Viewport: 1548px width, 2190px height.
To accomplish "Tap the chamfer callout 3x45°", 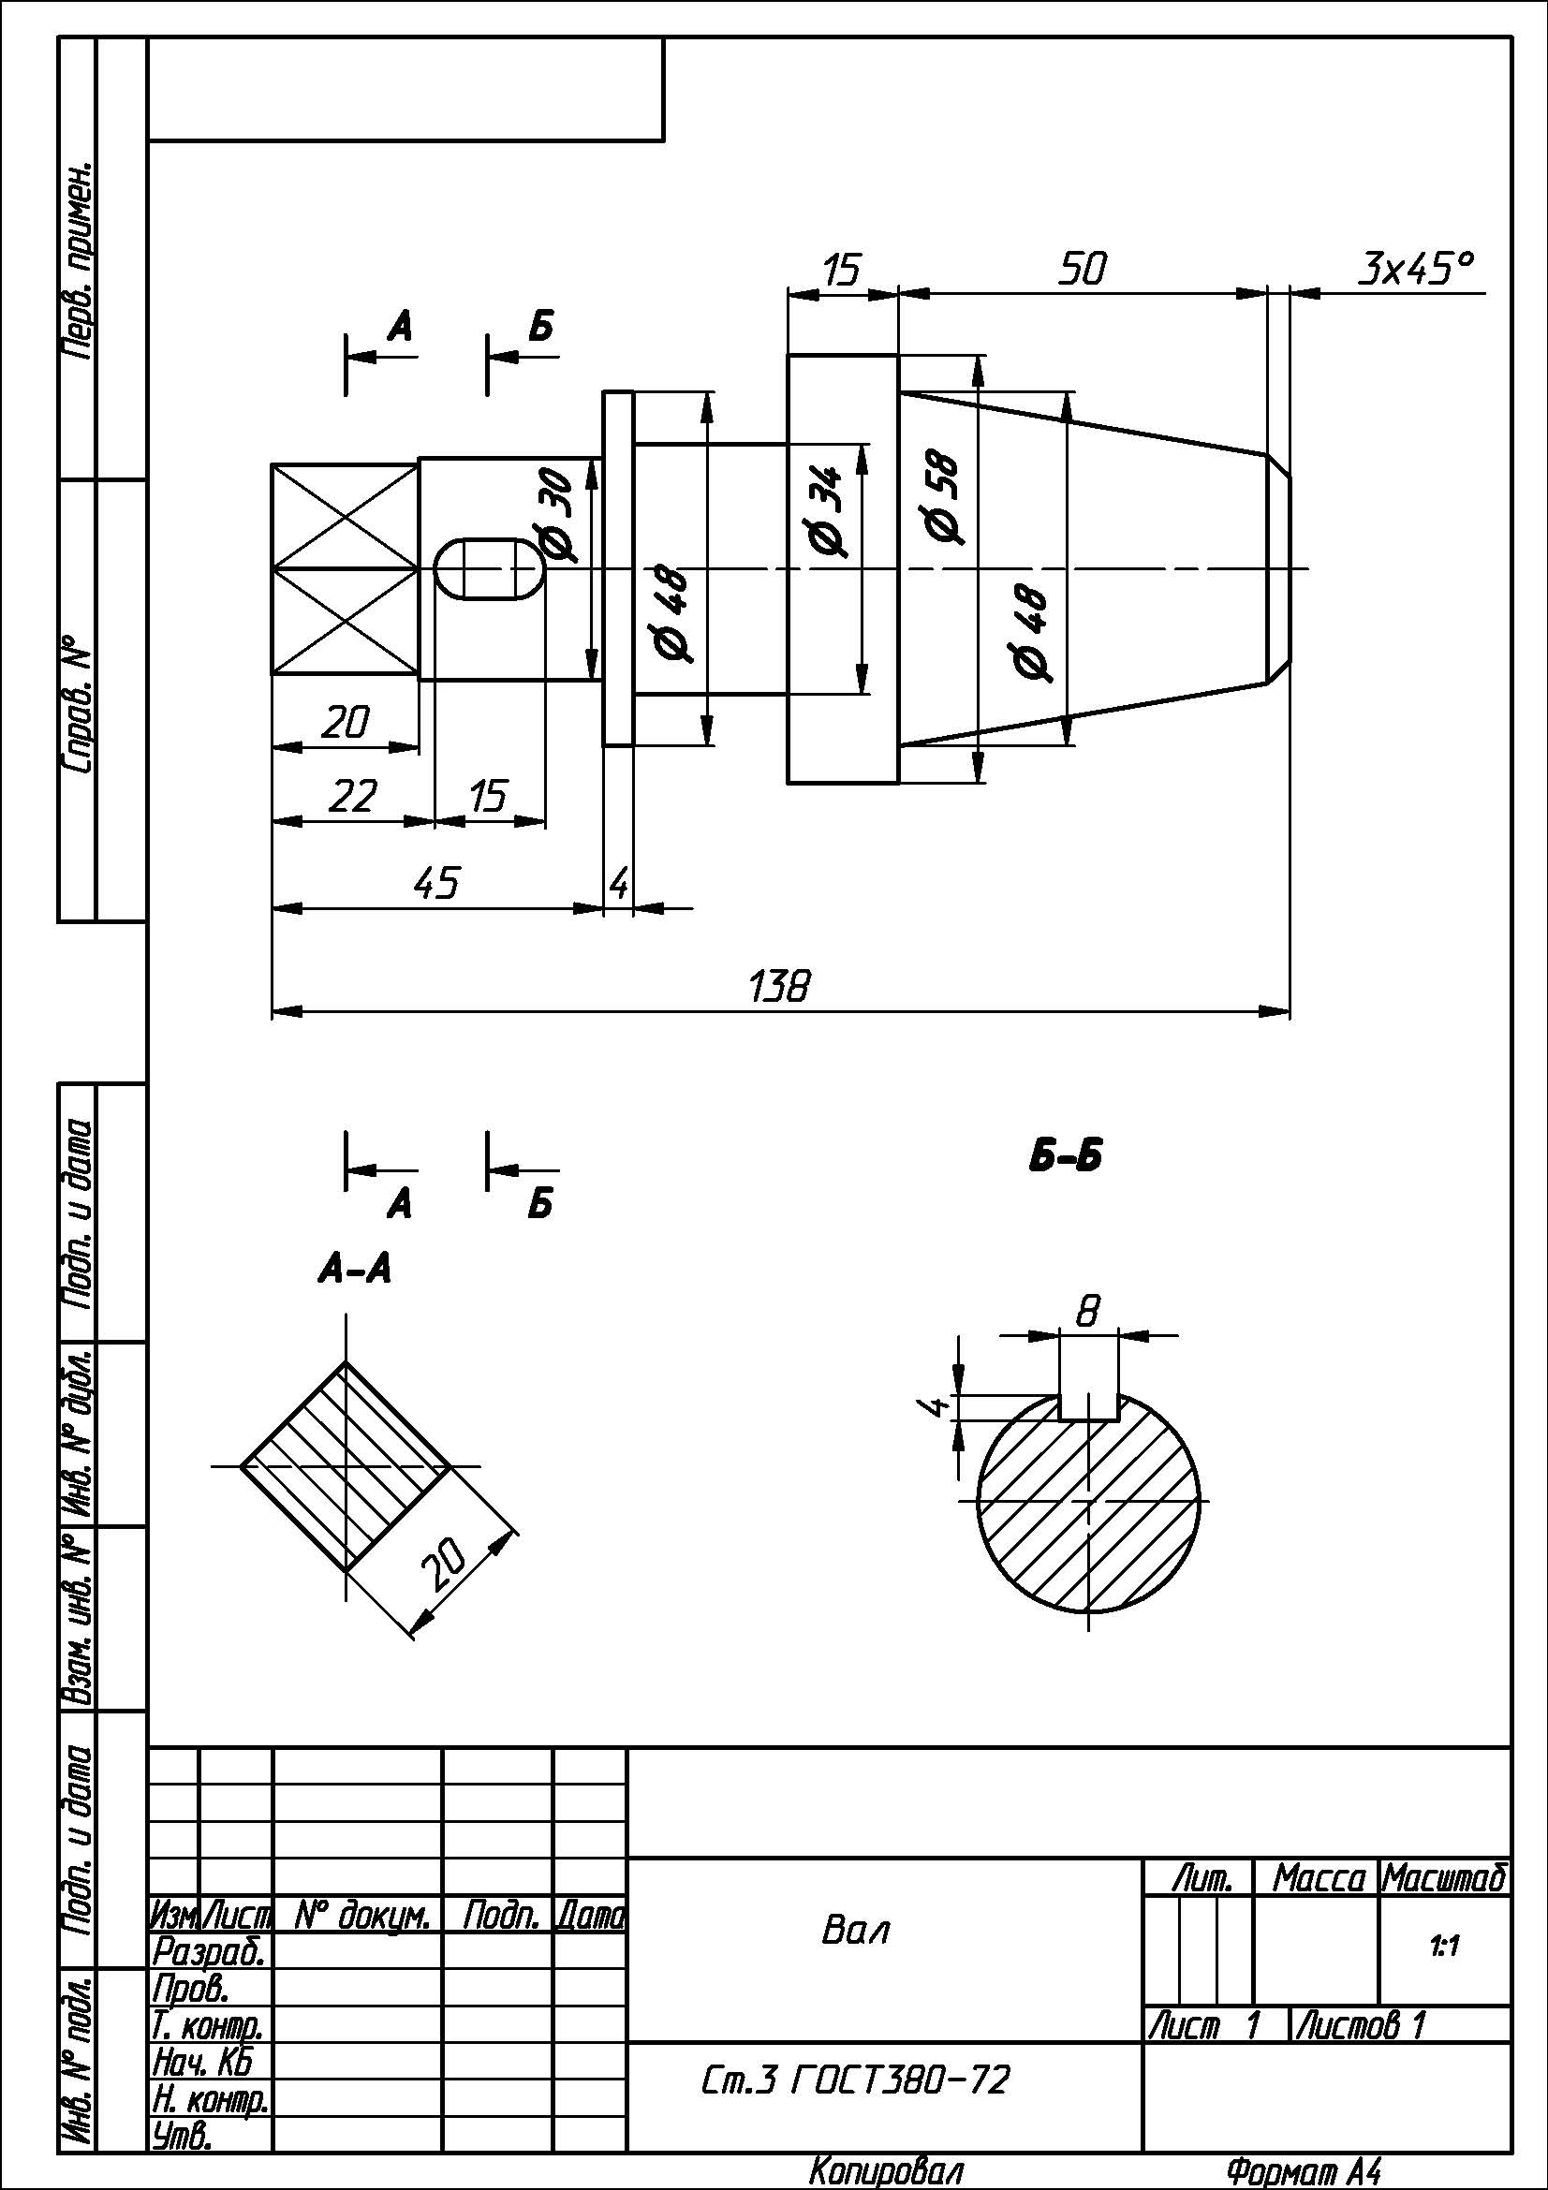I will click(x=1415, y=269).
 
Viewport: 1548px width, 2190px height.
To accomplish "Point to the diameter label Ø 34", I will click(x=826, y=511).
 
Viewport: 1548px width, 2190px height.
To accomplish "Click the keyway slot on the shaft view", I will click(x=491, y=569).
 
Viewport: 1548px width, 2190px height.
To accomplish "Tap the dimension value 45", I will click(x=436, y=883).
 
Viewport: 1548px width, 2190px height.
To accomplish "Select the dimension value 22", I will click(x=352, y=796).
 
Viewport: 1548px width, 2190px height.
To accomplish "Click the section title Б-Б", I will click(x=1066, y=1157).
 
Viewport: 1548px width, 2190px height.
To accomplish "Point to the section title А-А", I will click(x=355, y=1270).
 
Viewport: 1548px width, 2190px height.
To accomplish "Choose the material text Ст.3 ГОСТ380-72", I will click(x=855, y=2080).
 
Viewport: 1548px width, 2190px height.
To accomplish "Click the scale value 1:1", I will click(x=1444, y=1946).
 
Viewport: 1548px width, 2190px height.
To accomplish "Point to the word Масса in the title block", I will click(x=1319, y=1879).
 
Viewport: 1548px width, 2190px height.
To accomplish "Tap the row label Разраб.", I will click(x=209, y=1950).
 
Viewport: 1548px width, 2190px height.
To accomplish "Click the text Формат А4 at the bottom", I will click(x=1304, y=2172).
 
